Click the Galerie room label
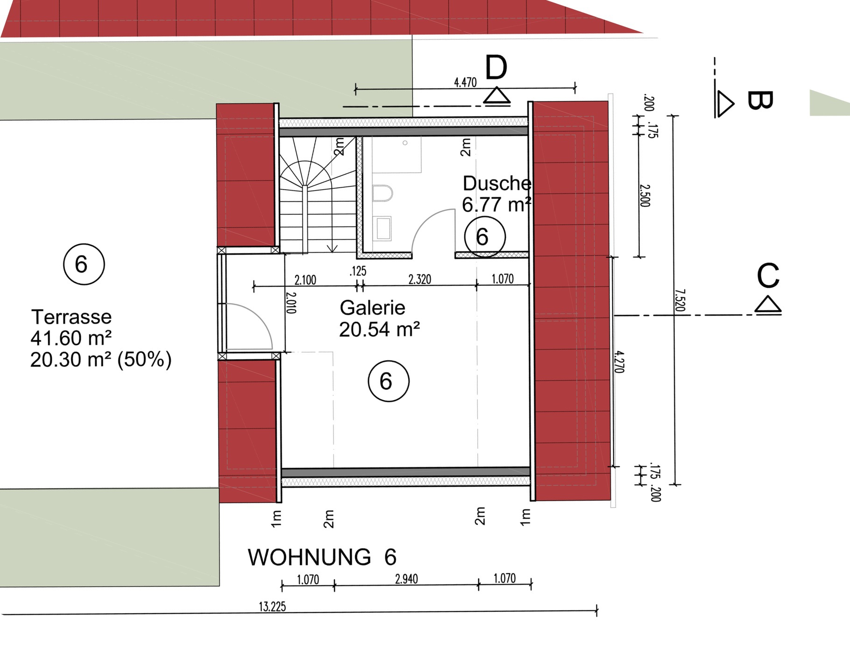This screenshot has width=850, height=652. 372,308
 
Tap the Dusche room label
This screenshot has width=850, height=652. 497,184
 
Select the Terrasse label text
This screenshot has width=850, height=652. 71,317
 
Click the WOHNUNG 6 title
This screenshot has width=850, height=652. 322,557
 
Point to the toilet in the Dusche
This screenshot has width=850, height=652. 382,193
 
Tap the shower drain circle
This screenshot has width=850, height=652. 405,143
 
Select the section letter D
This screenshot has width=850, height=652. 496,68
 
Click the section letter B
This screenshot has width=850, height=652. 760,100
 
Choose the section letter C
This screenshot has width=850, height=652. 768,276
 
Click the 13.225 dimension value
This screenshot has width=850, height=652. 272,607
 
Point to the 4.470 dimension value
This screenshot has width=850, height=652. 465,83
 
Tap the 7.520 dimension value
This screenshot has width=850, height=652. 680,300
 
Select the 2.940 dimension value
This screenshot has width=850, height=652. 406,579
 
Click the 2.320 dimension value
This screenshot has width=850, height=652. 419,279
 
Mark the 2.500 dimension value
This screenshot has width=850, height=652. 645,195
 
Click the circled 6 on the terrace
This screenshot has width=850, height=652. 84,264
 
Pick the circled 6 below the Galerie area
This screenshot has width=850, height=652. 388,381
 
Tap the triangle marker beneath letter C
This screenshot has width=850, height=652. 768,305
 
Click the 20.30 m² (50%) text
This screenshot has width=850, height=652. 101,360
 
